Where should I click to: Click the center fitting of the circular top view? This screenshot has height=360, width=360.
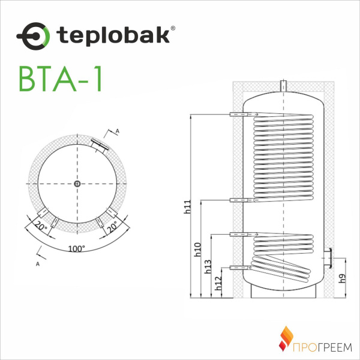point(78,184)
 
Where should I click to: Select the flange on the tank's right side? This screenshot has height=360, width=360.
point(329,257)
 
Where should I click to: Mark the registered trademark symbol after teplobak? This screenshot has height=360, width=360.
point(174,27)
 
